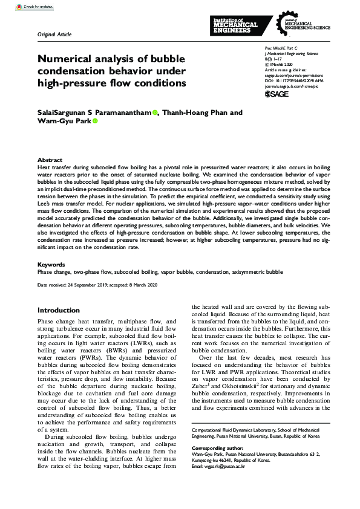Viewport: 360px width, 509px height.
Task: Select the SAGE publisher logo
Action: coord(278,94)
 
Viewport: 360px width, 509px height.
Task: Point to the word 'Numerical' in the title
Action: coord(67,60)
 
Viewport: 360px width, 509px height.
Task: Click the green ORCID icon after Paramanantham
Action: coord(155,112)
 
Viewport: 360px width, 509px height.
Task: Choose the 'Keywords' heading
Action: coord(52,264)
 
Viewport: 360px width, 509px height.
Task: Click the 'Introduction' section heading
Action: coord(59,310)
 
